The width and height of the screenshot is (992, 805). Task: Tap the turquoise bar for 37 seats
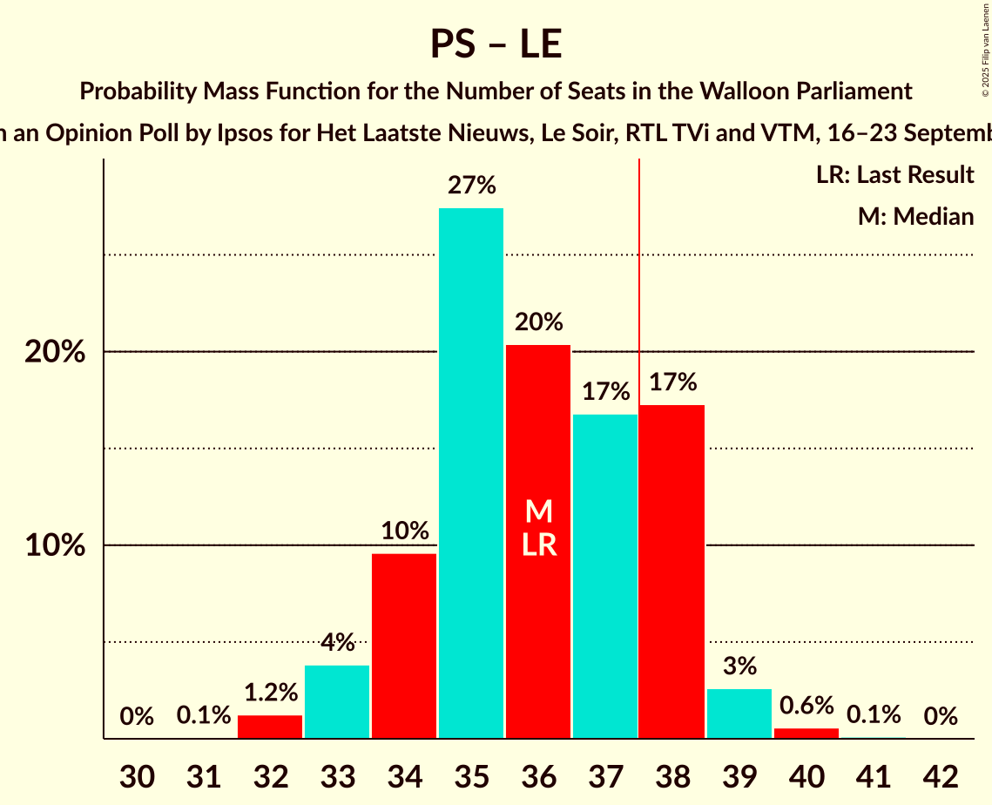(x=605, y=576)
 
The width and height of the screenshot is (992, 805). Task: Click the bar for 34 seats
(x=404, y=646)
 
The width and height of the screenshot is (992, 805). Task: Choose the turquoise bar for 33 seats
(x=337, y=701)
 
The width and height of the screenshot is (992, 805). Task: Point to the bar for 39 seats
(x=739, y=714)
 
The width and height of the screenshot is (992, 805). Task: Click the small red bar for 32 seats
(x=270, y=727)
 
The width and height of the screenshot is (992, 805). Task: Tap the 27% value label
(x=471, y=185)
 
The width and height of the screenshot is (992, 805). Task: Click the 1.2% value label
(x=270, y=693)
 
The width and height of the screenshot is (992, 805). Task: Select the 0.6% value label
(x=806, y=705)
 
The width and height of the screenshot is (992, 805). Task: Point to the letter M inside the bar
(x=539, y=511)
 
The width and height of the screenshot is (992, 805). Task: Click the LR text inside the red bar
(x=539, y=545)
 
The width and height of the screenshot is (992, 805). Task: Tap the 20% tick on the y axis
(x=54, y=353)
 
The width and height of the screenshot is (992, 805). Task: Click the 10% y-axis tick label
(x=54, y=546)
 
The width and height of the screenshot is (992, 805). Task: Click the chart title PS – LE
(x=496, y=44)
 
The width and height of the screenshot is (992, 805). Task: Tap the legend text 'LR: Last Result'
(x=894, y=175)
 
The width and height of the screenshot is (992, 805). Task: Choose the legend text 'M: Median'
(x=915, y=216)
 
